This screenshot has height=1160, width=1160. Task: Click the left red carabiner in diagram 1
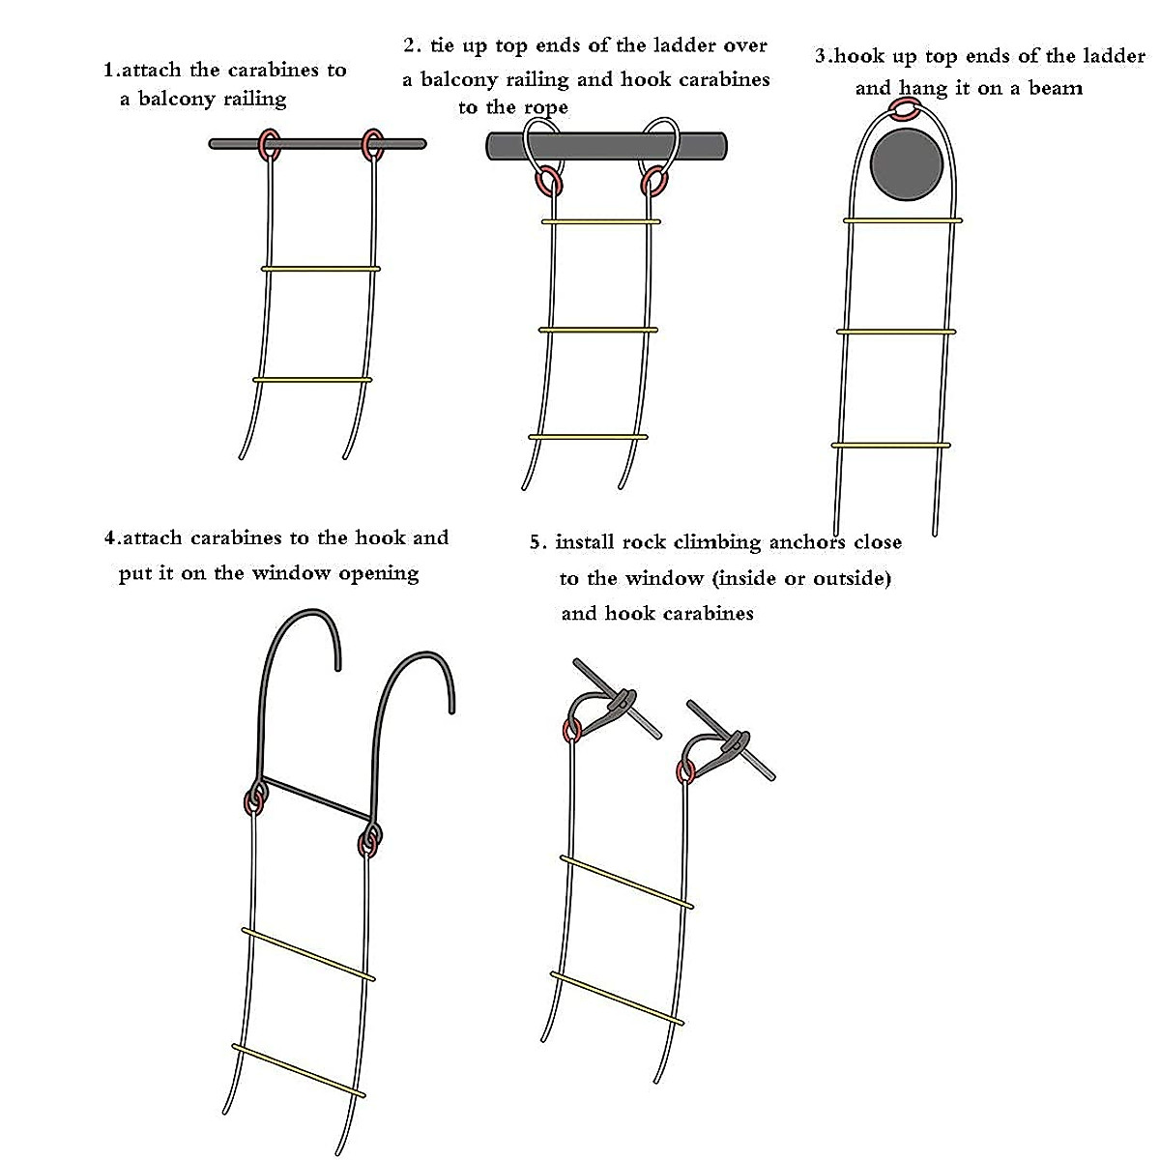point(268,146)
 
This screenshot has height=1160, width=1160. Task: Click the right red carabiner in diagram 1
point(372,145)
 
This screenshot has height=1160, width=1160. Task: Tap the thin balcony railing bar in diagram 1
point(319,144)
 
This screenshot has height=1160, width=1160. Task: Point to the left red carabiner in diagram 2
point(548,181)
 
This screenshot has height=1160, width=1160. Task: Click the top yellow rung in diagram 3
point(903,220)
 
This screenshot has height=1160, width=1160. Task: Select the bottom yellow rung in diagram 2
point(594,438)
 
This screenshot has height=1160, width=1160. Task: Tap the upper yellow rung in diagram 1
point(320,269)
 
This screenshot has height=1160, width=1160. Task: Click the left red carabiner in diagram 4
point(255,800)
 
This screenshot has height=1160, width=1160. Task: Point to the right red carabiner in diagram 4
point(368,841)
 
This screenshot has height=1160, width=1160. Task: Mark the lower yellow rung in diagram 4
point(299,1071)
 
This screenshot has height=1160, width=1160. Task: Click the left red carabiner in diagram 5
point(571,730)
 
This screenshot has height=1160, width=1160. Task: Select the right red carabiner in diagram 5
point(685,771)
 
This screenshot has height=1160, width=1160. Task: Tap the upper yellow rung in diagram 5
point(626,882)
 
